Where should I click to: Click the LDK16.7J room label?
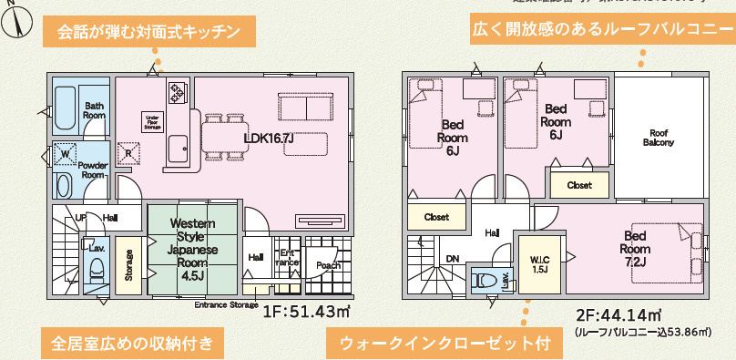[268, 139]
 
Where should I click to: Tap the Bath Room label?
[95, 110]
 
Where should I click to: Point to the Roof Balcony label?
[659, 138]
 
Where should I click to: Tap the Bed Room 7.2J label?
[634, 247]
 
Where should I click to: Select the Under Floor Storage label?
[153, 121]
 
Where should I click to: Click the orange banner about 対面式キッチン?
[148, 33]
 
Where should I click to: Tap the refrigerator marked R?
[128, 154]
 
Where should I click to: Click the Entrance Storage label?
[225, 304]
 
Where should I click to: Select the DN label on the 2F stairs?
[452, 258]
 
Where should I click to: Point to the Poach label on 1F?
[328, 265]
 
